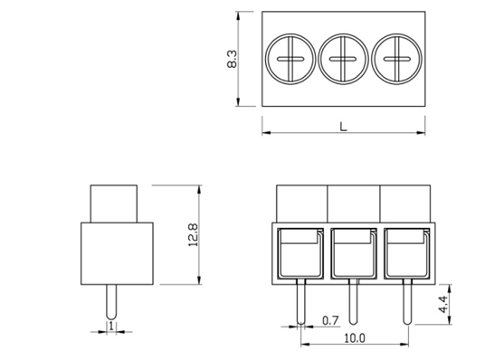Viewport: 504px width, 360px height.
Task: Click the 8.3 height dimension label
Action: click(232, 59)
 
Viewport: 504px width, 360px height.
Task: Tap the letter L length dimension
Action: click(344, 127)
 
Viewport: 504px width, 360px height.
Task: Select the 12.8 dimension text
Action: click(193, 234)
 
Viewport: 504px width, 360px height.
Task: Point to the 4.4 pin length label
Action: click(442, 304)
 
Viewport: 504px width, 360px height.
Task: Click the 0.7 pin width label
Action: click(330, 320)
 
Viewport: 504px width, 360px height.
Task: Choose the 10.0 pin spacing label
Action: click(355, 338)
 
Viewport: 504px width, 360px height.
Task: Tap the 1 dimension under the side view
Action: click(111, 327)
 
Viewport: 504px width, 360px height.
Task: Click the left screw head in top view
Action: click(290, 59)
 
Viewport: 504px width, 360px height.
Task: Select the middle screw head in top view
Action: click(343, 59)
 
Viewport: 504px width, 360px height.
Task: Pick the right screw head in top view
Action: click(396, 59)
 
